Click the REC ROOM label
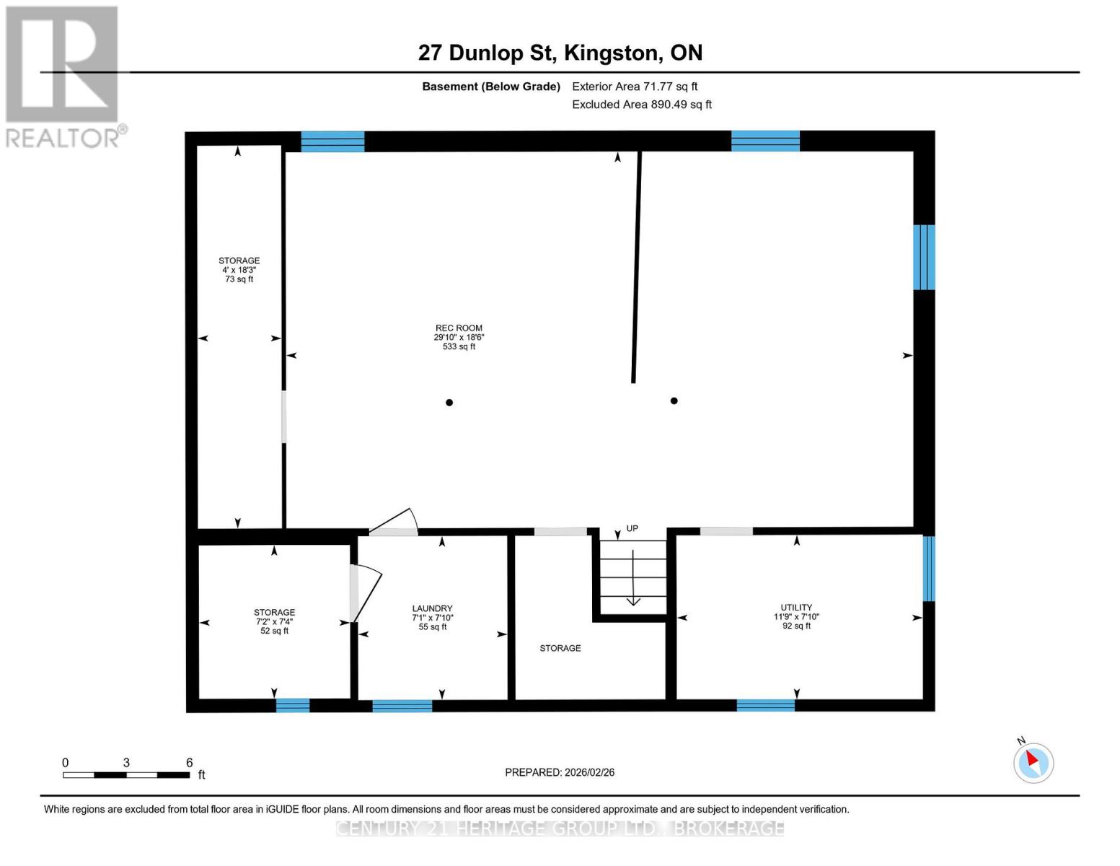click(x=458, y=328)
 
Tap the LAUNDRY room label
click(x=432, y=608)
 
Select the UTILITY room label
click(x=795, y=608)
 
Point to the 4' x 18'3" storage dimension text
click(x=239, y=270)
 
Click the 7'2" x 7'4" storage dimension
click(x=274, y=621)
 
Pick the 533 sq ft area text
click(x=458, y=346)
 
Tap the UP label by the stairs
click(x=632, y=529)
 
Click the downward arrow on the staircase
click(x=633, y=577)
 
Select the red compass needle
click(x=1032, y=758)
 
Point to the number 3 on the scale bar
click(x=125, y=763)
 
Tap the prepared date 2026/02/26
click(x=589, y=772)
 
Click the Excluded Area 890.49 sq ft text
click(x=642, y=104)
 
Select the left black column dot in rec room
click(x=449, y=402)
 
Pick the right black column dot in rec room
click(x=674, y=401)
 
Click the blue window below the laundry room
click(x=402, y=706)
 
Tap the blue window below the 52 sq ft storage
click(x=293, y=705)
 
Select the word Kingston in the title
click(x=611, y=53)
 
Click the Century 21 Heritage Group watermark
click(x=560, y=828)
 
